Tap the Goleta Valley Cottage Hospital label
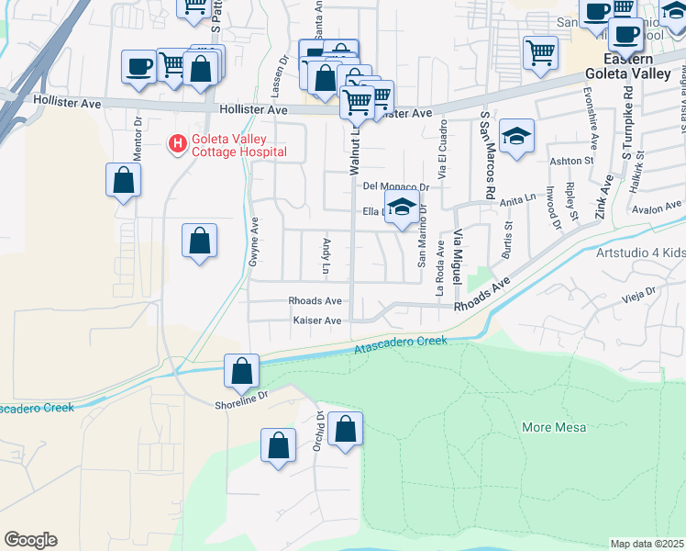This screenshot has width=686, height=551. pyautogui.click(x=238, y=145)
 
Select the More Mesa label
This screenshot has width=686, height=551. pyautogui.click(x=553, y=427)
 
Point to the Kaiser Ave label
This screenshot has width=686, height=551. pyautogui.click(x=316, y=320)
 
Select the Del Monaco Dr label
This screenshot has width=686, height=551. pyautogui.click(x=396, y=186)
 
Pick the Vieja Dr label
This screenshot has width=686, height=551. pyautogui.click(x=640, y=296)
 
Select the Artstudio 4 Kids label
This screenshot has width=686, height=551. pyautogui.click(x=639, y=253)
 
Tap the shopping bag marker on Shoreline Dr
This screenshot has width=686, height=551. pyautogui.click(x=241, y=372)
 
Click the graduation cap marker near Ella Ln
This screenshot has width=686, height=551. pyautogui.click(x=402, y=208)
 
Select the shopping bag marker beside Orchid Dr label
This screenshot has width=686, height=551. pyautogui.click(x=345, y=430)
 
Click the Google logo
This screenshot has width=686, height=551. pyautogui.click(x=30, y=540)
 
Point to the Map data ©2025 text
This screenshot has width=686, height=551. pyautogui.click(x=647, y=544)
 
